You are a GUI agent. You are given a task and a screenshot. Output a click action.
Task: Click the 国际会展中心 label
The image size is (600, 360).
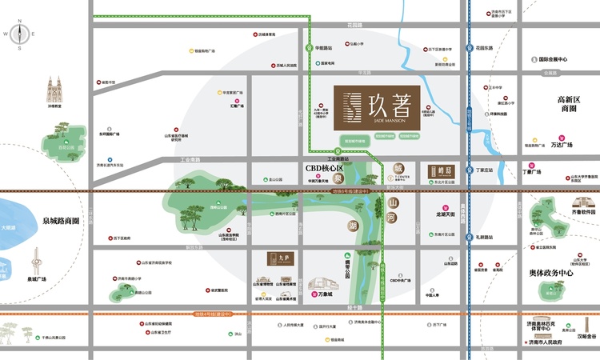pos(552,59)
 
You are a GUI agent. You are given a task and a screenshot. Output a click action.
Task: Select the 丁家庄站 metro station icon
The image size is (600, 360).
pos(470,170)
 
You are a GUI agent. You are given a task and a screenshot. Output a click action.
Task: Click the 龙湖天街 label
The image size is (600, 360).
pos(445,214)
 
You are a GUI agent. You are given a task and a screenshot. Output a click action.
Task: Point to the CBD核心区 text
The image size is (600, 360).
pos(324,169)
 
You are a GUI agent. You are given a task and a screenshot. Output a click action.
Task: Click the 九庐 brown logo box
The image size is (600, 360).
pos(275,260)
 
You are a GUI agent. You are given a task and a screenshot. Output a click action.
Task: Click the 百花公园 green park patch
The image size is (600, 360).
pos(61,140)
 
